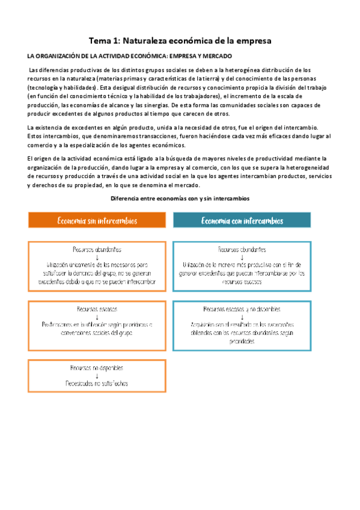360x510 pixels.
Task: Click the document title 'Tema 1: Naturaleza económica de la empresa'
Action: [x=180, y=41]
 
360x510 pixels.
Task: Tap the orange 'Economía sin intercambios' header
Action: [x=97, y=220]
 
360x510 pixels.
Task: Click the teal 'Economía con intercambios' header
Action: [x=242, y=220]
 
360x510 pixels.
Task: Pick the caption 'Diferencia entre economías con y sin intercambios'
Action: [x=180, y=198]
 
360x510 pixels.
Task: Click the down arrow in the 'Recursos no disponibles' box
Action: [x=97, y=375]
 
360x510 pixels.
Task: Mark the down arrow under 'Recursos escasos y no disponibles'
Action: [x=242, y=318]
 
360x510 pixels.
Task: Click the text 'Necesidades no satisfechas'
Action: [x=97, y=383]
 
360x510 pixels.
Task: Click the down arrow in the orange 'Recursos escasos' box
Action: [x=97, y=317]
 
